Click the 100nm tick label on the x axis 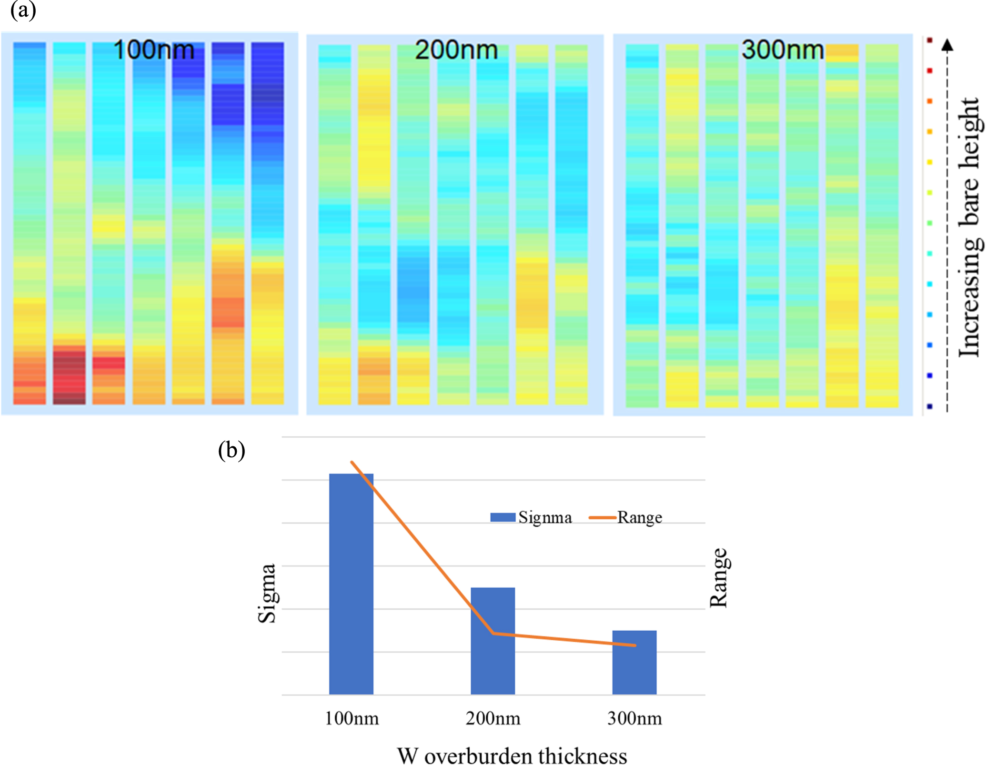352,718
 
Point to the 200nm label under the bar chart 493,718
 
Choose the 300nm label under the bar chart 634,718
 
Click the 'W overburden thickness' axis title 512,756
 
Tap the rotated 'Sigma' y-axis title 267,593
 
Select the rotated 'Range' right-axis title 719,577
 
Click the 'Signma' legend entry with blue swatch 532,517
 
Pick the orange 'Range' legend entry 626,517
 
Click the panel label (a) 23,10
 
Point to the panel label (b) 231,450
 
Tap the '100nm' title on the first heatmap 154,50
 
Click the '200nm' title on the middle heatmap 456,50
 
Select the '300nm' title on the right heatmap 783,50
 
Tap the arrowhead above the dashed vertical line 947,45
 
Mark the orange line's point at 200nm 493,633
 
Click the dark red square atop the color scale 929,40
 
